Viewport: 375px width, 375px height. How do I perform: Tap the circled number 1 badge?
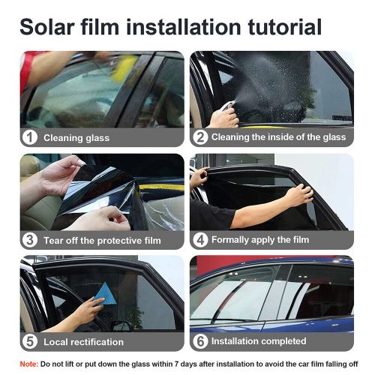pos(29,137)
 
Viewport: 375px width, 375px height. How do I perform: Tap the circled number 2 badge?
pos(199,137)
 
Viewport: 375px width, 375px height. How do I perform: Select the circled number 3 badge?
pos(29,240)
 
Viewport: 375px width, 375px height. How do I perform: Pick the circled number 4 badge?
pos(199,240)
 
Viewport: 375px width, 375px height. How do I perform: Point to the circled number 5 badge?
pos(29,342)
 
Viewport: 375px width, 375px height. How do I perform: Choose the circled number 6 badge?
pos(199,342)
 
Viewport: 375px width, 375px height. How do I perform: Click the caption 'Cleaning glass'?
pos(76,138)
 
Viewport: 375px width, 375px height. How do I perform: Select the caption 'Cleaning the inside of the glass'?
pos(278,137)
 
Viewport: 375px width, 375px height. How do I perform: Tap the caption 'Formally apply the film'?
pos(259,240)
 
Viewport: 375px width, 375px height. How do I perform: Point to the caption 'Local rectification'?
pos(83,342)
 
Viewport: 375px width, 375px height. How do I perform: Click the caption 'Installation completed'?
pos(259,342)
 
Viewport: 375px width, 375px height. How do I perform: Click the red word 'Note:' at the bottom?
pos(29,364)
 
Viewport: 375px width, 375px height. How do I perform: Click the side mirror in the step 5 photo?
pos(121,325)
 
